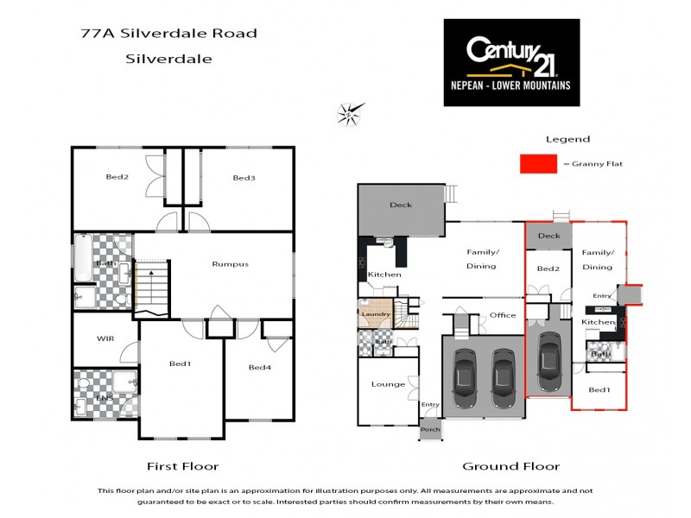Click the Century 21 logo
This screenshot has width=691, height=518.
(511, 62)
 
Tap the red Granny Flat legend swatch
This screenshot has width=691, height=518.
(537, 164)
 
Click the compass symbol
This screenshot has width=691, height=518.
(350, 112)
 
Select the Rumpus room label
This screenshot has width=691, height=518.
(231, 264)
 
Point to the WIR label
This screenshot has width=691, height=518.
(106, 338)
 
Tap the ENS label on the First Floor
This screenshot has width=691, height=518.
(105, 398)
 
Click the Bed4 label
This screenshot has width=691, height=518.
(260, 367)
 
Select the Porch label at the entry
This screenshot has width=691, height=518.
(429, 429)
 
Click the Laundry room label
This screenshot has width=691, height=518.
(377, 314)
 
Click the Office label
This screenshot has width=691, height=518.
(503, 315)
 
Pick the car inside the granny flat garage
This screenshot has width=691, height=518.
(548, 357)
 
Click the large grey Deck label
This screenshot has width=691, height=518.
(401, 205)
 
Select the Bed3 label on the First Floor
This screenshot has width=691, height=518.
(244, 178)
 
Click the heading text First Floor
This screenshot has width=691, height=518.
(182, 466)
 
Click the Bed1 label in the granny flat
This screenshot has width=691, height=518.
(599, 389)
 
